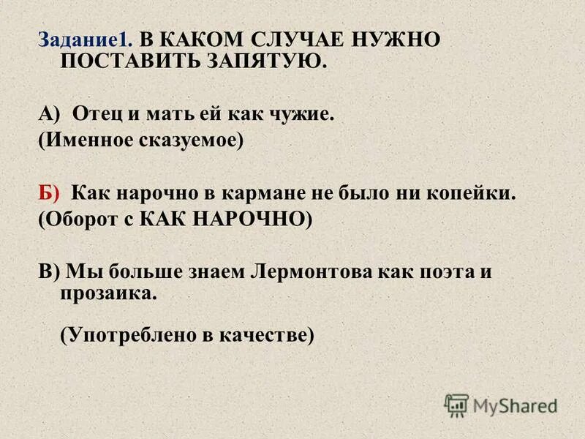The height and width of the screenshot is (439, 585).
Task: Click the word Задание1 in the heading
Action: tap(85, 40)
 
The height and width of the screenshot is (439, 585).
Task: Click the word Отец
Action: tap(95, 114)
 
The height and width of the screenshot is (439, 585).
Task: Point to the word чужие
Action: tap(304, 114)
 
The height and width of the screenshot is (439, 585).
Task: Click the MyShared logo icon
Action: tap(457, 405)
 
